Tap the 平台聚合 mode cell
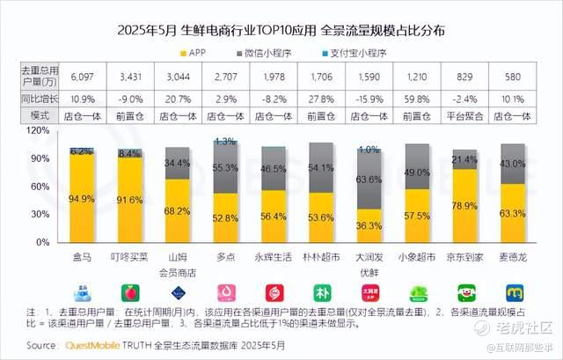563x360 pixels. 466,115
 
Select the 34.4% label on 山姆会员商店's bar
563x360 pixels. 178,164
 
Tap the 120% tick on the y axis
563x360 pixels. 40,130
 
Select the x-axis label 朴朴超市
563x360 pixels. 322,258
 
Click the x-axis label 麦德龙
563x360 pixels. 514,258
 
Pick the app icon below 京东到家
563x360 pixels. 466,291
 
